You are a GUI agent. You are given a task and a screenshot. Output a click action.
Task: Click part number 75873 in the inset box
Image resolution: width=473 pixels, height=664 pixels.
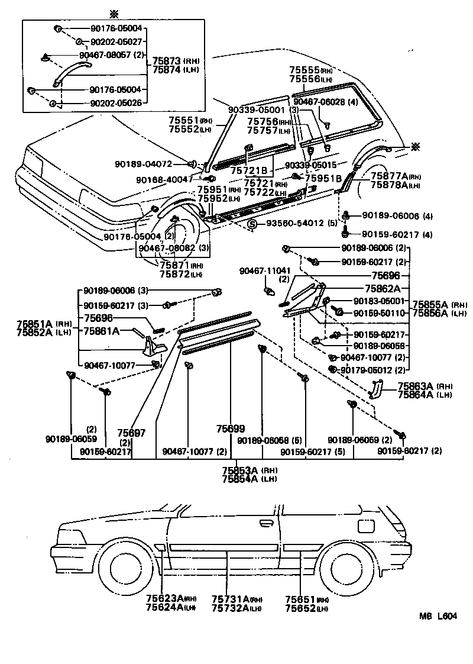click(167, 61)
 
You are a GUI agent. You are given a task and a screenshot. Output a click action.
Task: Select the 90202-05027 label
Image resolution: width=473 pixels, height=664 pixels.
click(116, 41)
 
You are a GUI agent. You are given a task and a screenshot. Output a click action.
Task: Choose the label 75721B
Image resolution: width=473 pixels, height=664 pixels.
click(248, 170)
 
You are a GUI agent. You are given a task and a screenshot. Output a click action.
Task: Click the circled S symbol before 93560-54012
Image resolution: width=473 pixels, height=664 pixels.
click(252, 224)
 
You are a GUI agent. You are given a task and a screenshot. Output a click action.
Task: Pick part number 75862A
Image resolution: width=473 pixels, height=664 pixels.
click(383, 288)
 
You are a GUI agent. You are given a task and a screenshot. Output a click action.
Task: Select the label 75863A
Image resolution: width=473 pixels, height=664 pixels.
click(417, 386)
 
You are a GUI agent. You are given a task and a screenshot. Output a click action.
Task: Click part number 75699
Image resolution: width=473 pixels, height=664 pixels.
click(230, 428)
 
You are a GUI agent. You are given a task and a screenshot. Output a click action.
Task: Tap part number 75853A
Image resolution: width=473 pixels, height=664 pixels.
click(240, 470)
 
